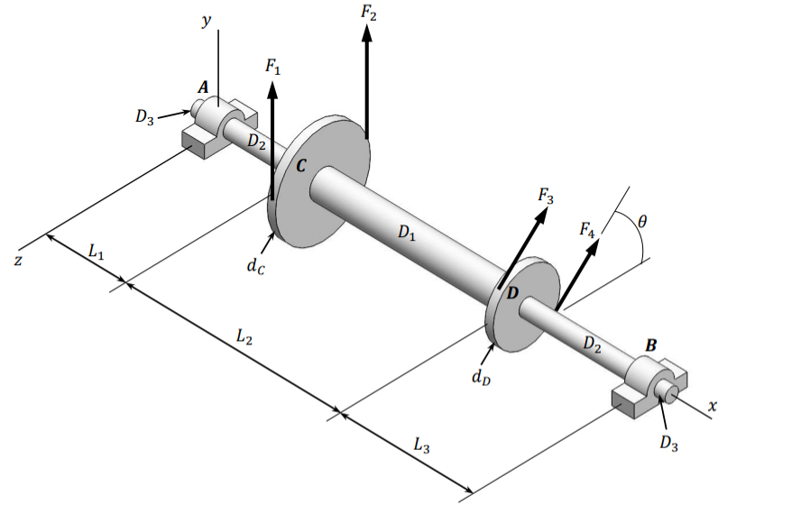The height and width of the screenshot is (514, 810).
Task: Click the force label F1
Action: click(272, 66)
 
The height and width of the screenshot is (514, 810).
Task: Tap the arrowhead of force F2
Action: click(366, 32)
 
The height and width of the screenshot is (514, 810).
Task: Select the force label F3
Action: click(546, 194)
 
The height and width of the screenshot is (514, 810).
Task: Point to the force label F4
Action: click(587, 232)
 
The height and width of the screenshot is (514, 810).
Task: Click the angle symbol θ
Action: click(641, 219)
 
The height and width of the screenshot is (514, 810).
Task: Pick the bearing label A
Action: click(203, 87)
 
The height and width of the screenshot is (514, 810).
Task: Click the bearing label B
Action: click(651, 345)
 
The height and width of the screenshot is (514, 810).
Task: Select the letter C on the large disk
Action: click(301, 166)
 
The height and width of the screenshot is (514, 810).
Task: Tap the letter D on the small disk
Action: click(512, 293)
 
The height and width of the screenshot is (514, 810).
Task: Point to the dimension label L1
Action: click(97, 253)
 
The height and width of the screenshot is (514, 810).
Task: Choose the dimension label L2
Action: click(244, 337)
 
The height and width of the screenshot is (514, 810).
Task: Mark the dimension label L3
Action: click(421, 444)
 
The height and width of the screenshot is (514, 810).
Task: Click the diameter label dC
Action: click(257, 266)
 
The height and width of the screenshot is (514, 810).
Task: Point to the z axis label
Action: click(17, 260)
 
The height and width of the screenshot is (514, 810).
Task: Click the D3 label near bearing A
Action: click(144, 117)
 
